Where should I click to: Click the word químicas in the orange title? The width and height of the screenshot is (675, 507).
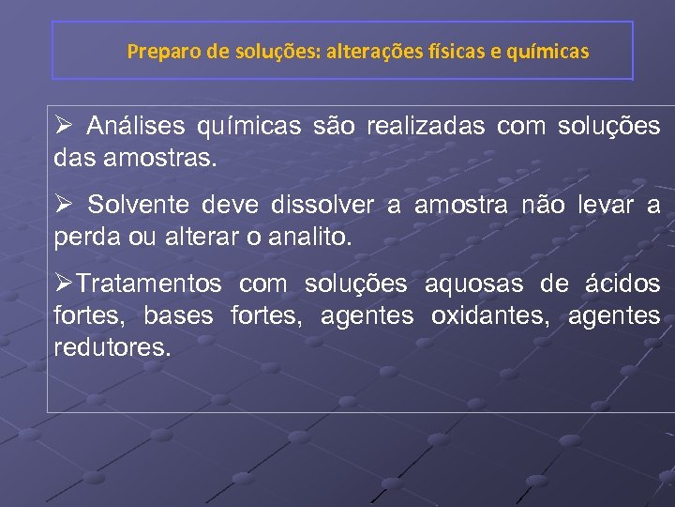pos(547,52)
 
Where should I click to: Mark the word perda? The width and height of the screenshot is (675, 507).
pos(82,237)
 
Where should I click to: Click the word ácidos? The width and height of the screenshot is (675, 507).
pos(622,284)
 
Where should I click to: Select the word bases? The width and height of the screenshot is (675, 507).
pos(178,315)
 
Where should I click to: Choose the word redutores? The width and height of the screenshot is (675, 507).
pos(113,347)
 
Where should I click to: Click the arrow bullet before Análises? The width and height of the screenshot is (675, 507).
pos(64,126)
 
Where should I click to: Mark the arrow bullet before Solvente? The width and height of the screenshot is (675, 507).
pos(64,205)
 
